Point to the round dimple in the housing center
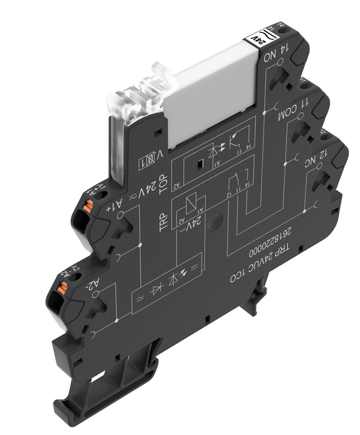[213, 225]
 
